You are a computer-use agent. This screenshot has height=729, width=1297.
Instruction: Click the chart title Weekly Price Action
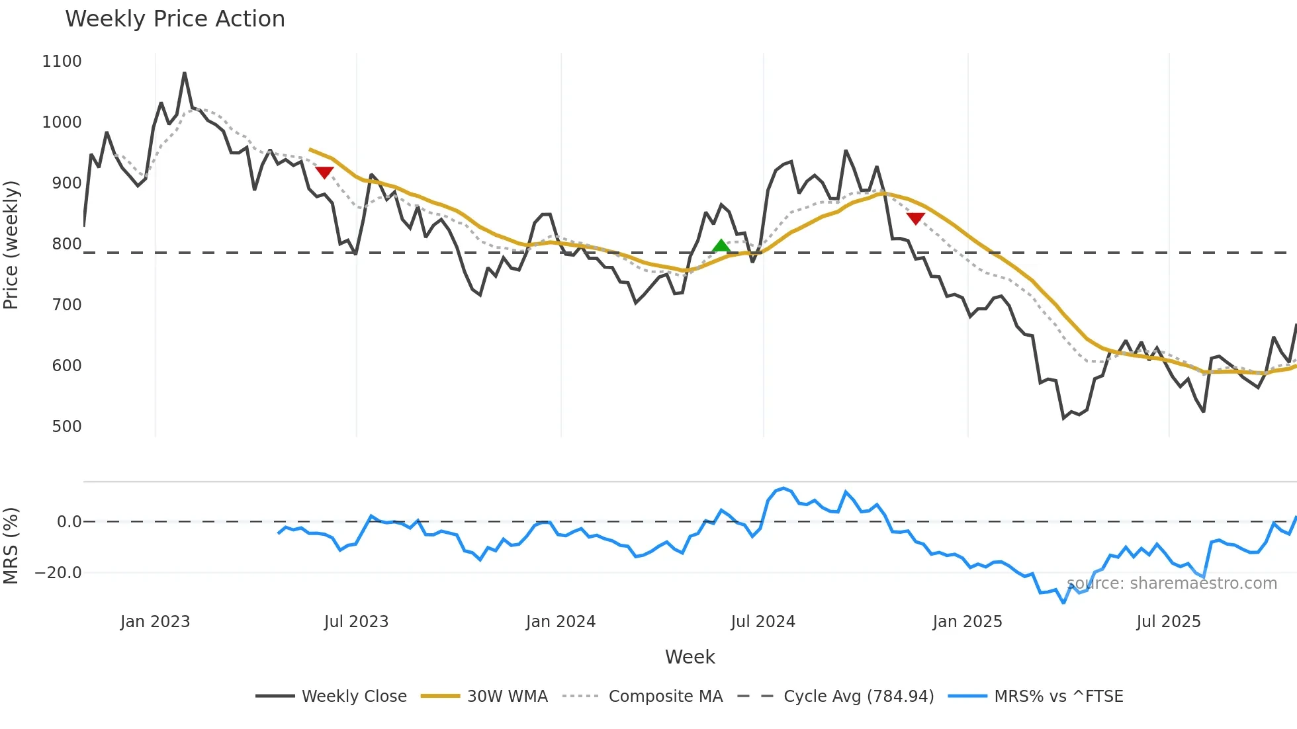pyautogui.click(x=175, y=19)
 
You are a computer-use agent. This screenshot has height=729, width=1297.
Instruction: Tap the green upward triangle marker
pyautogui.click(x=721, y=246)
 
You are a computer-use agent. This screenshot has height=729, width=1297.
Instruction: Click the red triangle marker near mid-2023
pyautogui.click(x=324, y=173)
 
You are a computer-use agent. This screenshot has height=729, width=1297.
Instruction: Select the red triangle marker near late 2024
pyautogui.click(x=915, y=218)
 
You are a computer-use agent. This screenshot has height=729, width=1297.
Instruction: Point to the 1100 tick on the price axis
pyautogui.click(x=62, y=62)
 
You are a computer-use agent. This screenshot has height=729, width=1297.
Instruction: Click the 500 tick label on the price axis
pyautogui.click(x=67, y=427)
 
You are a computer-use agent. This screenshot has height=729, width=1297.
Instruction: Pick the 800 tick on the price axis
pyautogui.click(x=67, y=244)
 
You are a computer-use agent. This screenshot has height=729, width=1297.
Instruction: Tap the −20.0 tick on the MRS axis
pyautogui.click(x=58, y=573)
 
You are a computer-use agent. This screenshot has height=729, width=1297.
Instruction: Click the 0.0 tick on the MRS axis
pyautogui.click(x=69, y=522)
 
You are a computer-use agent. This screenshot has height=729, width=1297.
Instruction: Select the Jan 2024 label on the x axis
pyautogui.click(x=560, y=622)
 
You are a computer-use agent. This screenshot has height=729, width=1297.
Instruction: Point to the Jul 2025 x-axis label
pyautogui.click(x=1168, y=622)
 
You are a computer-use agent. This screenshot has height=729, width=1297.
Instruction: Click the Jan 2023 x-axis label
pyautogui.click(x=155, y=622)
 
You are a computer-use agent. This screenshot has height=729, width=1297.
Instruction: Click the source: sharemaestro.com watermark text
pyautogui.click(x=1171, y=583)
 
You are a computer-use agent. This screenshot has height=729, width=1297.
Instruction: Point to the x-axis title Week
pyautogui.click(x=690, y=657)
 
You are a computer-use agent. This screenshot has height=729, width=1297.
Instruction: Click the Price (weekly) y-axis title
pyautogui.click(x=11, y=245)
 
